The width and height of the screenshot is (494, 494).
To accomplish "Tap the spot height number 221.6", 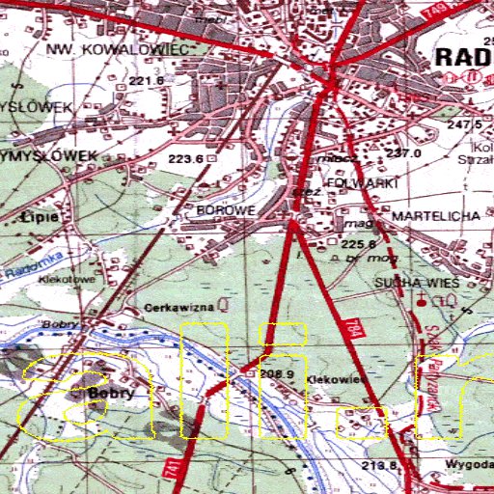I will coord(147,80).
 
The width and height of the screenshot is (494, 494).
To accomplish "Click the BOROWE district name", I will coord(225,209).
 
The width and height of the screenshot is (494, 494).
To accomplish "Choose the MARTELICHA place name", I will coord(436,216).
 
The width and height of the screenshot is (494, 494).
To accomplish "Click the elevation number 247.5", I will coord(464,125).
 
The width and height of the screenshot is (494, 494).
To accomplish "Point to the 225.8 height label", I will coord(358,245).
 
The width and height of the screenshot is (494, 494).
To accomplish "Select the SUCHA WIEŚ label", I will coord(418,282).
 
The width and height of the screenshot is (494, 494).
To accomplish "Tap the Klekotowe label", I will coord(61,277).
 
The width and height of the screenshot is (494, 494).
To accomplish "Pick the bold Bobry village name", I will coord(108,394).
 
